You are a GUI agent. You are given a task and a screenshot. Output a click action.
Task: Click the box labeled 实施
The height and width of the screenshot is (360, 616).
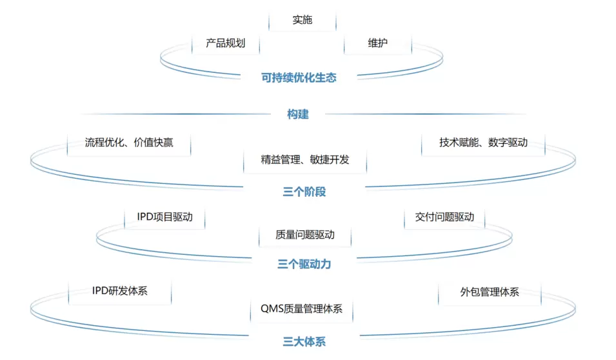click(302, 20)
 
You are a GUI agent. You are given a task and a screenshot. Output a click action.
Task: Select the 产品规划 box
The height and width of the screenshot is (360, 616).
click(225, 44)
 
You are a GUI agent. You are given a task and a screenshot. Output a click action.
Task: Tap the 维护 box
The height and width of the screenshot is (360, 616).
click(378, 44)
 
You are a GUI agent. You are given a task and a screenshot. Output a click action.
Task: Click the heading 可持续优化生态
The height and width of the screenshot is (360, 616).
click(299, 77)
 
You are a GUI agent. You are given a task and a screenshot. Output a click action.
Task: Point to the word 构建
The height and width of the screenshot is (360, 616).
click(298, 114)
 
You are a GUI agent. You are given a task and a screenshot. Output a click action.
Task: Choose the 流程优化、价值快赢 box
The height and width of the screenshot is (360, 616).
click(129, 143)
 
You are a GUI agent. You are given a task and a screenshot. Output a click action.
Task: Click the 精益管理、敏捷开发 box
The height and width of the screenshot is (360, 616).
click(305, 159)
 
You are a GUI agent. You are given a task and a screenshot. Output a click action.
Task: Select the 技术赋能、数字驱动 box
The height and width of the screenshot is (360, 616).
click(483, 143)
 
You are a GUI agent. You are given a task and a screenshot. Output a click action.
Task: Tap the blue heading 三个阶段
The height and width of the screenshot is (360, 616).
click(303, 192)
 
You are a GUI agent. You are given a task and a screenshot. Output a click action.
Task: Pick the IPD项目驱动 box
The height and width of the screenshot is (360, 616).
click(164, 217)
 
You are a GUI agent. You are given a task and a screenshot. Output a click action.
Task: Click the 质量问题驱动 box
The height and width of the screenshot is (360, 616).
click(305, 235)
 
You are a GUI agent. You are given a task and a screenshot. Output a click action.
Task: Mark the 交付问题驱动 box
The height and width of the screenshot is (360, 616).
click(444, 217)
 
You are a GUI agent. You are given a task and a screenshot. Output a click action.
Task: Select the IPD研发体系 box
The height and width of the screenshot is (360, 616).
click(120, 291)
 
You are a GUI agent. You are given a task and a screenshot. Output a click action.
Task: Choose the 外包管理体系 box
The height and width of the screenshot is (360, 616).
click(490, 292)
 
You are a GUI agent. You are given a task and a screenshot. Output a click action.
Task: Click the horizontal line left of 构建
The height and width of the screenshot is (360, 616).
click(174, 114)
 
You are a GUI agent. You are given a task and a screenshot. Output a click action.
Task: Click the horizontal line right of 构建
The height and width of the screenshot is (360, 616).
click(426, 114)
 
